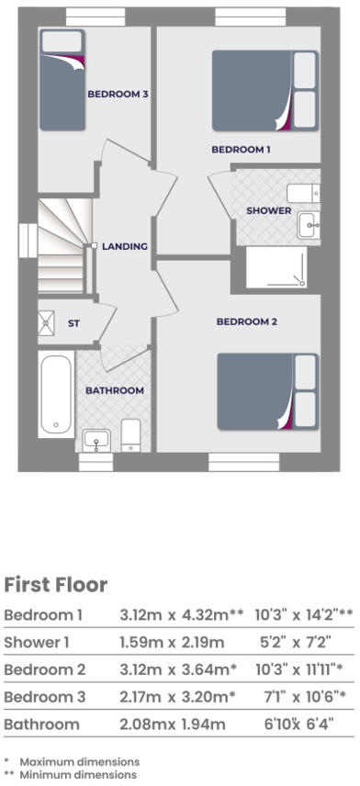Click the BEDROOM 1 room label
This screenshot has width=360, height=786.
pyautogui.click(x=242, y=149)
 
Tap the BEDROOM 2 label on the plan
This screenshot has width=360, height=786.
pyautogui.click(x=246, y=321)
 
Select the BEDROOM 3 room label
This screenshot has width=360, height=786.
pyautogui.click(x=118, y=94)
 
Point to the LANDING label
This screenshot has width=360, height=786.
pyautogui.click(x=125, y=246)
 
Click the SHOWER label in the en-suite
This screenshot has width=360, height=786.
pyautogui.click(x=268, y=210)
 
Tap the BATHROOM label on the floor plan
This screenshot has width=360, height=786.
pyautogui.click(x=115, y=390)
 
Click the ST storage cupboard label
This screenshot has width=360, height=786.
pyautogui.click(x=74, y=323)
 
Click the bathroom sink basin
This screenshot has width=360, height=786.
pyautogui.click(x=96, y=440)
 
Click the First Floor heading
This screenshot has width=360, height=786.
pyautogui.click(x=56, y=585)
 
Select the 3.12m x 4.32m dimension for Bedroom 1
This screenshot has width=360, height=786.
pyautogui.click(x=178, y=614)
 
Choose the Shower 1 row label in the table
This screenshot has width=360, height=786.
pyautogui.click(x=38, y=642)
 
